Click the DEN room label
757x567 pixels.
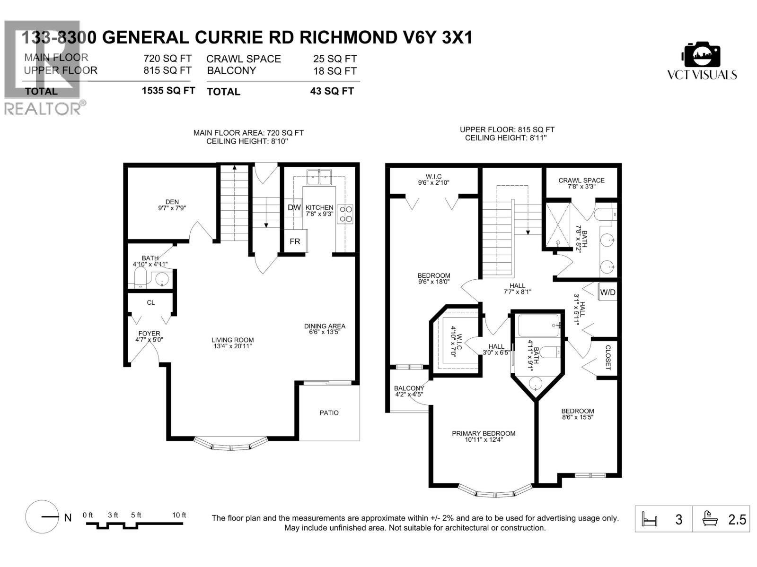pos(172,202)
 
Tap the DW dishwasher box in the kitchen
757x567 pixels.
pos(294,207)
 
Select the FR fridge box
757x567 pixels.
pos(295,241)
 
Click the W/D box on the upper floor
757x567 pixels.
pos(607,292)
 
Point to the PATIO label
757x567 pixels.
pos(329,412)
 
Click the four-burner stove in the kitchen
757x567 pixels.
pos(345,214)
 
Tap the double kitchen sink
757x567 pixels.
pos(319,177)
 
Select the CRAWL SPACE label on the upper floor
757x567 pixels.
pos(581,180)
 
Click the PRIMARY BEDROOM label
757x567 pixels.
pos(483,433)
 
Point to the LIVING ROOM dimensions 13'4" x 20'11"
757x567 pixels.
pos(232,346)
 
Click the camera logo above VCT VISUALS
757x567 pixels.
pos(702,55)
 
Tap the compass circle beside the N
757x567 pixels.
pos(42,516)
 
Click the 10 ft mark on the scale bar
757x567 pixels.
pos(179,515)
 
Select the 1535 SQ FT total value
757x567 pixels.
pos(168,91)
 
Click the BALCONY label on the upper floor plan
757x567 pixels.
pos(409,388)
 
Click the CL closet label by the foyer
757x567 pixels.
pos(151,302)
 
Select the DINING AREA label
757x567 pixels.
pos(324,326)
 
